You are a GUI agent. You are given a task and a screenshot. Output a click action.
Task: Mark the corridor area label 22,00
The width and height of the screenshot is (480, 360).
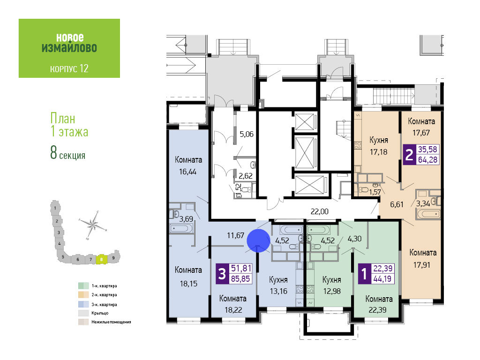319,211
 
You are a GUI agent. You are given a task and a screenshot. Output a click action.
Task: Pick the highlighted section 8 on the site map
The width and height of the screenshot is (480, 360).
102,259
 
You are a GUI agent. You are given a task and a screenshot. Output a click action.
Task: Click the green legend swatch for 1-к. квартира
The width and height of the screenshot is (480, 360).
83,285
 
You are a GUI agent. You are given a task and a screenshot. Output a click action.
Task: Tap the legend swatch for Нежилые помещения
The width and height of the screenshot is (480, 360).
83,322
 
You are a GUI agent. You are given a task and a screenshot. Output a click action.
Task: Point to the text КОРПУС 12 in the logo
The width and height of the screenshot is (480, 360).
69,68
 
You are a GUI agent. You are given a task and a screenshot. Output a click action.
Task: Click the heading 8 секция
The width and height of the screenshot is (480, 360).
67,153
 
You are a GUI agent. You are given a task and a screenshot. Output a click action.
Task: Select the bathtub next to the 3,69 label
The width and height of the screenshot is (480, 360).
181,229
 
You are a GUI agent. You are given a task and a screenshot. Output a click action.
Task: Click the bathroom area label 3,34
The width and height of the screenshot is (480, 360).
423,203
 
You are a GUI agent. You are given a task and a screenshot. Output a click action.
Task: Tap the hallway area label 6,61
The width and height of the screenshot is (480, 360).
397,204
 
